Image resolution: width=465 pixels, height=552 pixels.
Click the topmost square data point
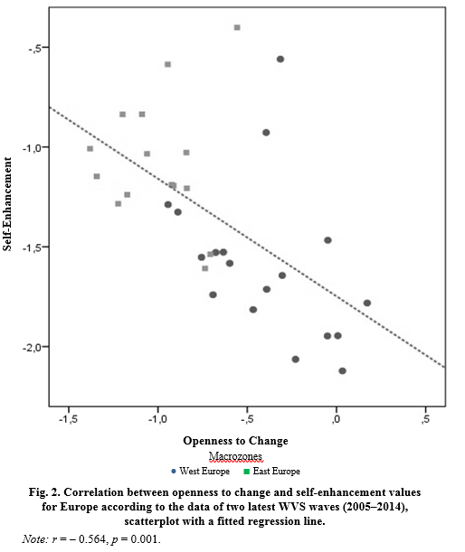237,27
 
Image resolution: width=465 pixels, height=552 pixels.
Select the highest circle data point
280,59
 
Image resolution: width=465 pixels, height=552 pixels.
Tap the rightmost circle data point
367,303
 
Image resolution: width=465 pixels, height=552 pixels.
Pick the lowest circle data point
342,370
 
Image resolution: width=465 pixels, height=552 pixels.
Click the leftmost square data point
90,149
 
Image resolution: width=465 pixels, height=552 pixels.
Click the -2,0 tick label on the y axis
32,348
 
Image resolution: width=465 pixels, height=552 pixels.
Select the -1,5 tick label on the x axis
68,419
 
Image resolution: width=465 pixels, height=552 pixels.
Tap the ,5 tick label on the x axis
425,419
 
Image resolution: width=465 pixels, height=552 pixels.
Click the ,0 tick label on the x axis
336,419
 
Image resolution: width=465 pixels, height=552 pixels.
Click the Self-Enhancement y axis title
7,204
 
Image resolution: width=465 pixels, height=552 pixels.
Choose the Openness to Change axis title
235,441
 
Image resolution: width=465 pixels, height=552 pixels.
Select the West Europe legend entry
201,471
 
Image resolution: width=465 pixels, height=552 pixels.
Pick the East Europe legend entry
271,471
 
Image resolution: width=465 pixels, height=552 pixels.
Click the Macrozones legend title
235,456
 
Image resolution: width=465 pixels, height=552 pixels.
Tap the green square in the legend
247,472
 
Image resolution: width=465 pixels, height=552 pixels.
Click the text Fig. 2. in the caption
44,491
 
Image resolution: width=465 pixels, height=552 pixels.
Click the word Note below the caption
34,539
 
